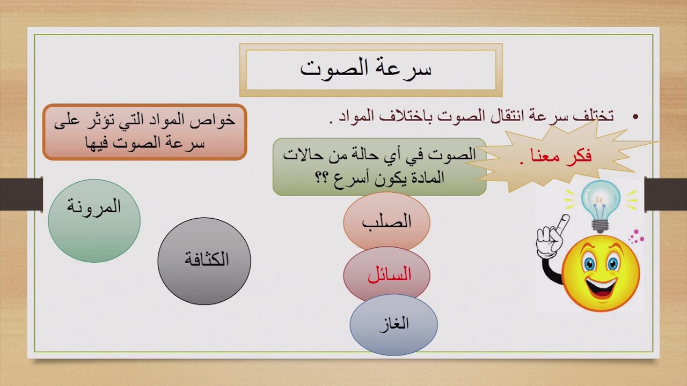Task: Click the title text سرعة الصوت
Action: [x=366, y=68]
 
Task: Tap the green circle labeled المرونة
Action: [x=94, y=220]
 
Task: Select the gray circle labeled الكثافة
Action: [x=204, y=261]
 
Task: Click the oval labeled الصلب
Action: [x=386, y=221]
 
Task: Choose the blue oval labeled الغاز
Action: [x=393, y=324]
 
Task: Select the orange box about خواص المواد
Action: [x=144, y=132]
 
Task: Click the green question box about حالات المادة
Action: [x=379, y=167]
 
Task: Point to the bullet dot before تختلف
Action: [x=636, y=117]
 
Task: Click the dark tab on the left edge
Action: [x=21, y=193]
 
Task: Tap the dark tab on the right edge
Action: [x=666, y=193]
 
